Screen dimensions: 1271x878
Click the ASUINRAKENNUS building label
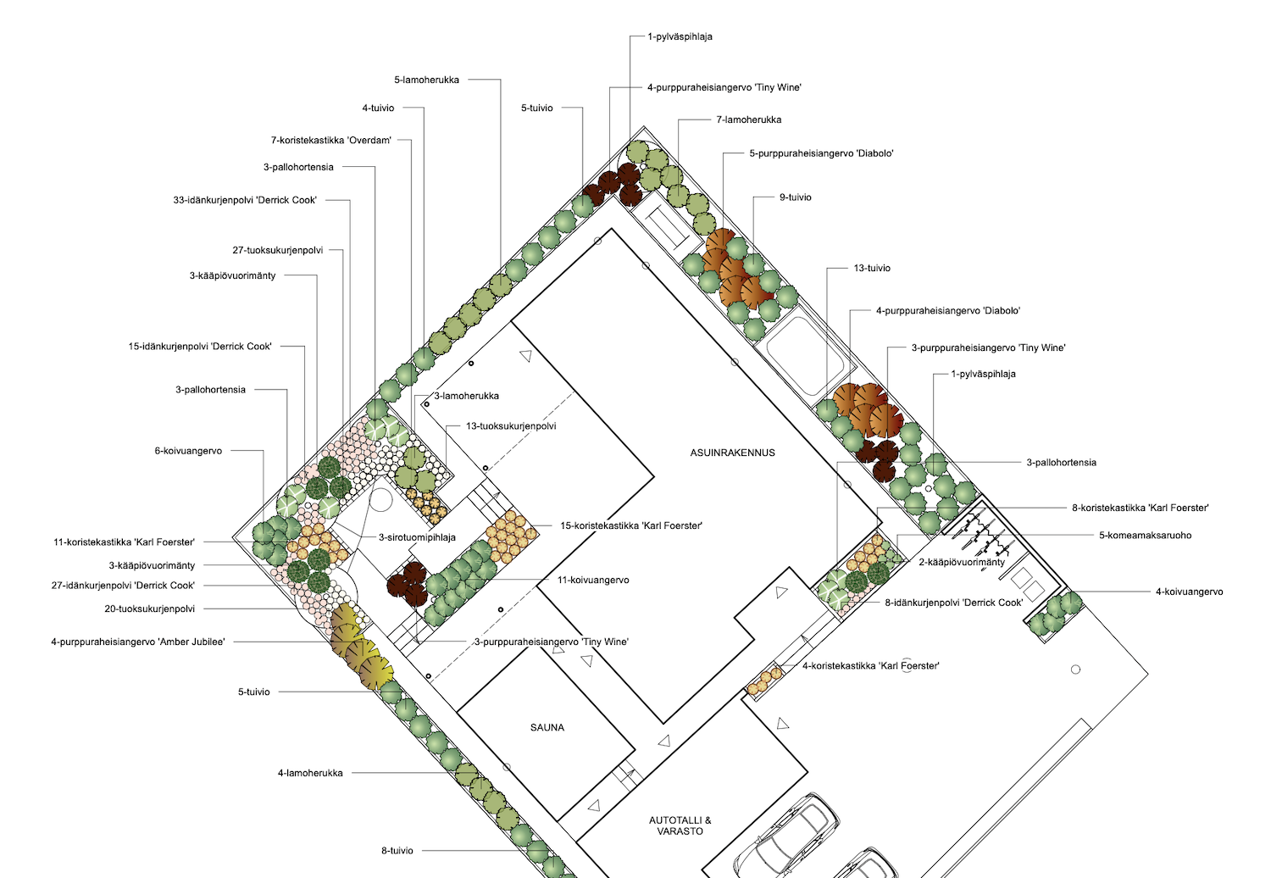click(x=732, y=453)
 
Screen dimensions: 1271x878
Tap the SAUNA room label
click(x=547, y=728)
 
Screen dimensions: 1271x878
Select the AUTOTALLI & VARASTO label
click(x=680, y=825)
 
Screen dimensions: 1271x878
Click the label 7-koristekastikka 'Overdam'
click(x=330, y=140)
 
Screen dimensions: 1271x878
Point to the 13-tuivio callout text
click(x=872, y=268)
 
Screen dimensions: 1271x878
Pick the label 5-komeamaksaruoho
click(x=1145, y=536)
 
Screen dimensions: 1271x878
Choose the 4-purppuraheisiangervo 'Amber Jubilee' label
click(x=138, y=642)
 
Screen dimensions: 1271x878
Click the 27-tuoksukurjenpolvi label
click(x=277, y=250)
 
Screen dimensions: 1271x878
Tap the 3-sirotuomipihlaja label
click(x=417, y=537)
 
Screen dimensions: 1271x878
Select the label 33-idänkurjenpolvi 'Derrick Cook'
click(x=245, y=200)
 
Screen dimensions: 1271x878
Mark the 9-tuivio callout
click(x=795, y=197)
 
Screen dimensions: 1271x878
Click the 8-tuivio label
click(x=397, y=851)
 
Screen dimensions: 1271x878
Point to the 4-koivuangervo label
click(x=1190, y=592)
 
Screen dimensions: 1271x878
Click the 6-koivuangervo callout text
click(x=188, y=451)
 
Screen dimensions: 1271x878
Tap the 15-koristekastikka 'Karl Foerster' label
click(x=631, y=526)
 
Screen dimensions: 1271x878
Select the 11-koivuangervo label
click(x=593, y=580)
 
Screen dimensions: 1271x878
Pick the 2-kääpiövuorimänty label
click(x=962, y=563)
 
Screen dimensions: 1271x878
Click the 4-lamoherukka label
click(x=310, y=773)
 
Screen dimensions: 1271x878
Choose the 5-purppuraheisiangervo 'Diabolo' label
click(x=821, y=153)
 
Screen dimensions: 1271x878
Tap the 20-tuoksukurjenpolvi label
click(x=149, y=609)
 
